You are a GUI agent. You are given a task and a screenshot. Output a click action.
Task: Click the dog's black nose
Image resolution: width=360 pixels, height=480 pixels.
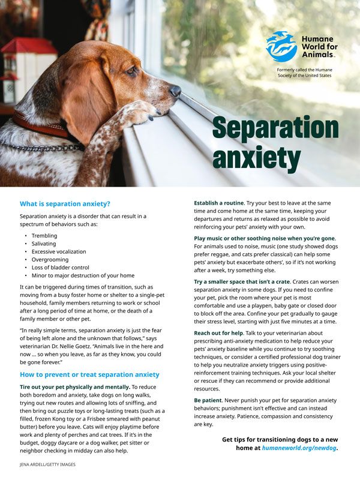175,91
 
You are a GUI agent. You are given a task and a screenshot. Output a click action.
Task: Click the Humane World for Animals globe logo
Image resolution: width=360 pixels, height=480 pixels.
281,46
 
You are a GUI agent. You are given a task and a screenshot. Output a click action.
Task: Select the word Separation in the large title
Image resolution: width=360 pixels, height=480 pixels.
275,128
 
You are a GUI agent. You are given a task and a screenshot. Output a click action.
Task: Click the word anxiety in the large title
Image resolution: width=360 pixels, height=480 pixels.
256,157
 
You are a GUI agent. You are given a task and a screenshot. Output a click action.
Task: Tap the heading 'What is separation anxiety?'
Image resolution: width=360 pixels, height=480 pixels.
65,203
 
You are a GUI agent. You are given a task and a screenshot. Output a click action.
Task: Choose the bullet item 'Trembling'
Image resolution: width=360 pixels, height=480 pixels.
44,236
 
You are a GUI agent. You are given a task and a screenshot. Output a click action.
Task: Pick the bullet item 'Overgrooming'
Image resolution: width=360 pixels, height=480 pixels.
52,260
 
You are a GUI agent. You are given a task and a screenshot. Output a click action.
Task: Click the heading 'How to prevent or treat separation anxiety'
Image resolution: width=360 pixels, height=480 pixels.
89,374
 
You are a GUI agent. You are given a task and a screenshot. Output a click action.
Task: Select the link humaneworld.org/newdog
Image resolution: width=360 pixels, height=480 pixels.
300,448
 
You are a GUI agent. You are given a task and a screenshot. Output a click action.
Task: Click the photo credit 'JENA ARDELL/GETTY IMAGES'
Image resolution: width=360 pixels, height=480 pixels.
47,464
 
